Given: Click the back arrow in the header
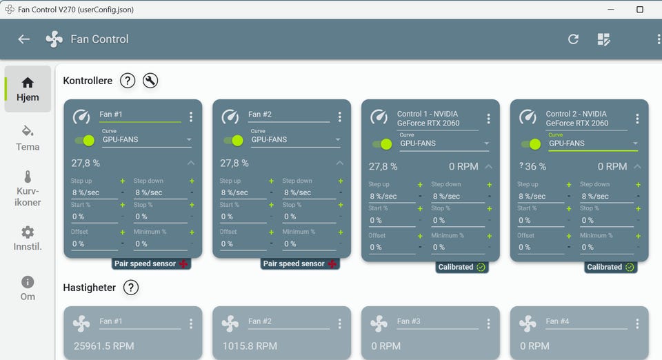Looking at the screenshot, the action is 23,39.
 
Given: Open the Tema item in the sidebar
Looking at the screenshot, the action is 28,139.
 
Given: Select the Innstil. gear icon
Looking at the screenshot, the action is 28,232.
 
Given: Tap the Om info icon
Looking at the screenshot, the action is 28,282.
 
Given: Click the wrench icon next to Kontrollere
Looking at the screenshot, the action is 150,81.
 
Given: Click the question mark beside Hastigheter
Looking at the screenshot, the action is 131,288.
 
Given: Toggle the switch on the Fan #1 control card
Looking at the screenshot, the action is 85,141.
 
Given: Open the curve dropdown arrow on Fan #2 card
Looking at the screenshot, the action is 338,140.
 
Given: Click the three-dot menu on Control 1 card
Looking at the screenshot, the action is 488,119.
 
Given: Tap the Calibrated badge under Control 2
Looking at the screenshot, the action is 610,267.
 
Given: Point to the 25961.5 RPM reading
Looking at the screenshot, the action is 104,346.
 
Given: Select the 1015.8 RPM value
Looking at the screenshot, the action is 250,346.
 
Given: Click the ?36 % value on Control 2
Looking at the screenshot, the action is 533,167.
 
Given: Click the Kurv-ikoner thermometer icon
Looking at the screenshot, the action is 28,177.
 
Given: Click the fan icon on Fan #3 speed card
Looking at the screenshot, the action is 379,323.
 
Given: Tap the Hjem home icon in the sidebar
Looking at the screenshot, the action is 28,82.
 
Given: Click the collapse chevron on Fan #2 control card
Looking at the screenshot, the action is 340,163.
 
